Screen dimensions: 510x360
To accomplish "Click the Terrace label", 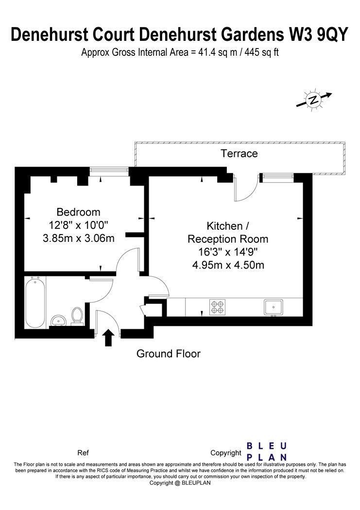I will tap(239, 154).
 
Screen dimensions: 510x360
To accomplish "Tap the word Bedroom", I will tap(78, 212).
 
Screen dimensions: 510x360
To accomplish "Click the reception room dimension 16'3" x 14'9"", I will tap(228, 252).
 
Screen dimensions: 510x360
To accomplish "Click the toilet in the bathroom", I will tap(77, 316).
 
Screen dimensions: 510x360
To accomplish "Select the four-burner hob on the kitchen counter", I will tap(217, 307).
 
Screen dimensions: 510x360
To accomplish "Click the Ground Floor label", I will tap(168, 354).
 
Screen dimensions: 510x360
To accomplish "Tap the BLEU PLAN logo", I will tap(267, 451).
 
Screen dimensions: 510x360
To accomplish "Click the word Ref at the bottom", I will tap(83, 453).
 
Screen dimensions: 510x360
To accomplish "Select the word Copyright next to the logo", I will tap(225, 453).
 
